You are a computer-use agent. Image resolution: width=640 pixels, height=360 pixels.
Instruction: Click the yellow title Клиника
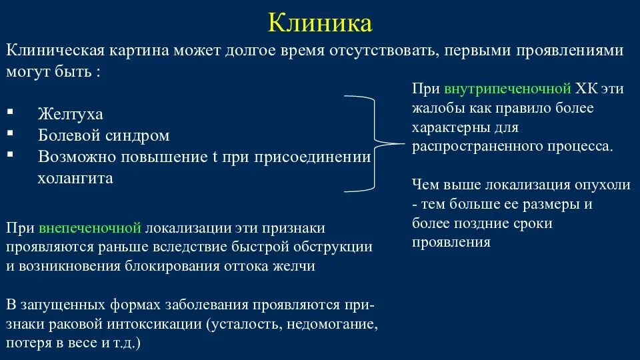(320, 23)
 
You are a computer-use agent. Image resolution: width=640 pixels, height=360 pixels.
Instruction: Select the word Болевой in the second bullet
(68, 135)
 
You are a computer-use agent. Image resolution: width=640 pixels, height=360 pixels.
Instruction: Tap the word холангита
(75, 178)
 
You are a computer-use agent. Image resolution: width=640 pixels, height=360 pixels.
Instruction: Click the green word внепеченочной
(90, 228)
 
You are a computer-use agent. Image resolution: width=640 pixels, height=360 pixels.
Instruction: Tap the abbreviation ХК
(586, 89)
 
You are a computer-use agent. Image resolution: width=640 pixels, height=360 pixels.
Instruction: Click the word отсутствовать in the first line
(379, 51)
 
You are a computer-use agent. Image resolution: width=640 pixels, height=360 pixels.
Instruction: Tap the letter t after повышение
(215, 157)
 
